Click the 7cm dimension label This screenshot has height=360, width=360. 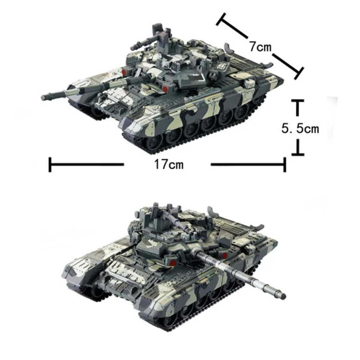click(260, 46)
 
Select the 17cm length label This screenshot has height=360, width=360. click(168, 165)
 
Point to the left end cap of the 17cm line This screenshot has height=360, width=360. click(50, 165)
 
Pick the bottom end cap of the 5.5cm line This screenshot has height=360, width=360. click(298, 154)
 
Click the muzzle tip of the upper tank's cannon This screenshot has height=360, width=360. click(44, 97)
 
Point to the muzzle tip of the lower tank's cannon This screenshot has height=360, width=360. click(284, 296)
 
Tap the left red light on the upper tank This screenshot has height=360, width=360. click(124, 72)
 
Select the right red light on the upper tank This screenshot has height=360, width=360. click(165, 88)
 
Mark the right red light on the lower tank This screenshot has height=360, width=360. click(225, 255)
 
